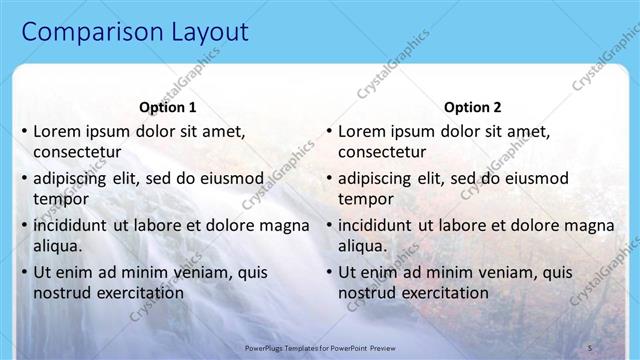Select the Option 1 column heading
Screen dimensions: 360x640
pos(166,107)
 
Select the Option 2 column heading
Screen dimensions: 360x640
pos(472,107)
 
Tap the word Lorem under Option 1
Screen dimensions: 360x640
pos(58,130)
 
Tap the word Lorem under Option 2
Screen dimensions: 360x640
pos(362,130)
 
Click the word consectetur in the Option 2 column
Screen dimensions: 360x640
pos(383,152)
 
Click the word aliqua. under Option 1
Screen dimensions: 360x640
pos(58,246)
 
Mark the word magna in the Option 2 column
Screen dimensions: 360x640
pos(589,224)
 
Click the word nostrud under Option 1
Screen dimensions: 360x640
pos(61,293)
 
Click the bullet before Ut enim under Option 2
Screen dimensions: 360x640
pos(328,272)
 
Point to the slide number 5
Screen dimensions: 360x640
pos(589,346)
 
